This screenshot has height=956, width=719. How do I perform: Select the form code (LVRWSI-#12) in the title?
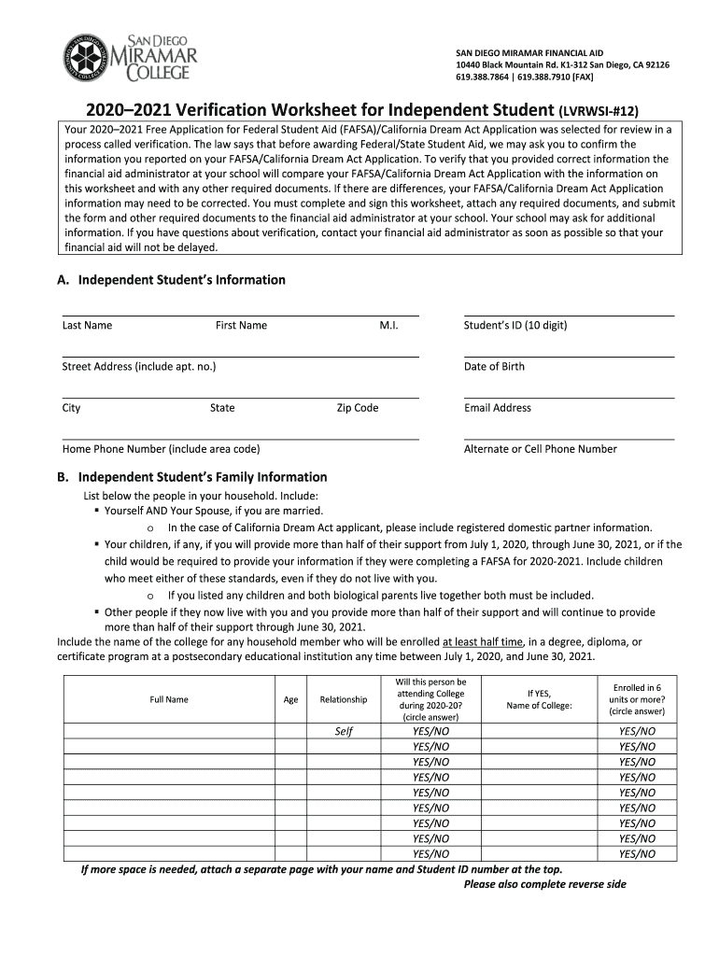coord(612,108)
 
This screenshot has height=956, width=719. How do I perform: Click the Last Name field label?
coord(87,326)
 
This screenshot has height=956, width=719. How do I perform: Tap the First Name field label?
coord(241,326)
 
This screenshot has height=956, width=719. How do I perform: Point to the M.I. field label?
coord(388,326)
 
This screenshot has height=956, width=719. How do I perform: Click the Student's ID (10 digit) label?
coord(515,326)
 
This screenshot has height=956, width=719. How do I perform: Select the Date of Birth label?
coord(494,367)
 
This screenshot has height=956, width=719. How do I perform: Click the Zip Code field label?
coord(358,408)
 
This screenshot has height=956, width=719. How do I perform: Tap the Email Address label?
coord(497,408)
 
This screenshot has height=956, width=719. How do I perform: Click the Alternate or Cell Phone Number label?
coord(540,449)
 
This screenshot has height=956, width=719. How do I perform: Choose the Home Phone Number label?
coord(161,449)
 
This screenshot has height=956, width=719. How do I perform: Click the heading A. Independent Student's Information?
coord(171,280)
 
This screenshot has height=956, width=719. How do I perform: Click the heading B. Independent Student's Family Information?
coord(191,477)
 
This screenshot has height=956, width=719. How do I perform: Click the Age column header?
coord(290,699)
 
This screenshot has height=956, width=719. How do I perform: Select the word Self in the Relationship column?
coord(343,731)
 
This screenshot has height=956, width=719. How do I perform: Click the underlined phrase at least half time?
coord(482,642)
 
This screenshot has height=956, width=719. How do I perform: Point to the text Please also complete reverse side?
coord(544,884)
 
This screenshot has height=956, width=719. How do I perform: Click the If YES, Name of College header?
coord(539,699)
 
